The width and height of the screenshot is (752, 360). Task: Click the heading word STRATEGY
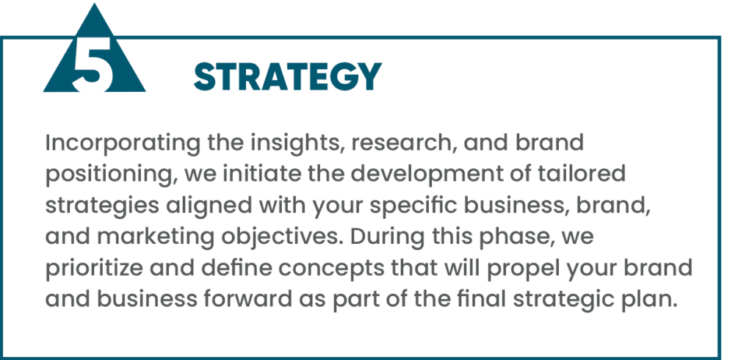(288, 77)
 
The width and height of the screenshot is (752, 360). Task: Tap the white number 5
(94, 65)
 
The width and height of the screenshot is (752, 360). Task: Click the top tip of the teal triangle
(95, 4)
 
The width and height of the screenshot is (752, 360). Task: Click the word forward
(247, 300)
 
